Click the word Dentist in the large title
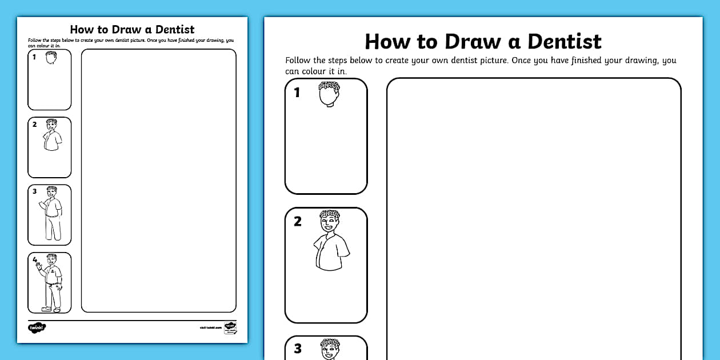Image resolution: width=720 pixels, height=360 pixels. pos(564,42)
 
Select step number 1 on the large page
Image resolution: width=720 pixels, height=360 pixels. pos(297,92)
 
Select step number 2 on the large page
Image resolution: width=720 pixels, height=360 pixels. pos(297,222)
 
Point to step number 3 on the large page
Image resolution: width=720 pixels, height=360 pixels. pos(297,349)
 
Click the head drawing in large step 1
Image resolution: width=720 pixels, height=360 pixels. pos(329,94)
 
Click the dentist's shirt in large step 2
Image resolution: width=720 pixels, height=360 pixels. pos(331,251)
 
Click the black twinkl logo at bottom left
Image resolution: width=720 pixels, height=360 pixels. pos(37,328)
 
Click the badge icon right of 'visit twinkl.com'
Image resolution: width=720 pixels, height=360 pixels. pos(230,328)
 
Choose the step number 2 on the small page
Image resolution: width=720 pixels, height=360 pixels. pos(34,125)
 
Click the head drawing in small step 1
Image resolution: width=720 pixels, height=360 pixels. pos(51,58)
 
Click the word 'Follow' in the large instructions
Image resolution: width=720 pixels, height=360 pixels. pos(298,61)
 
